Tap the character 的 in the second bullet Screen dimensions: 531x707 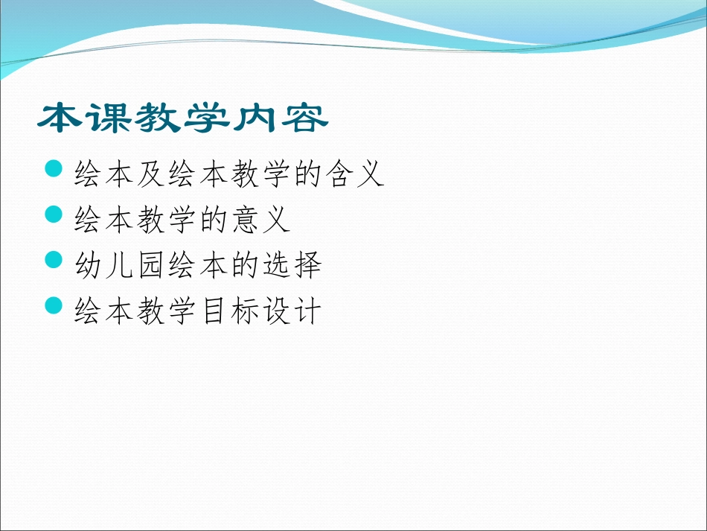[x=213, y=220]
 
